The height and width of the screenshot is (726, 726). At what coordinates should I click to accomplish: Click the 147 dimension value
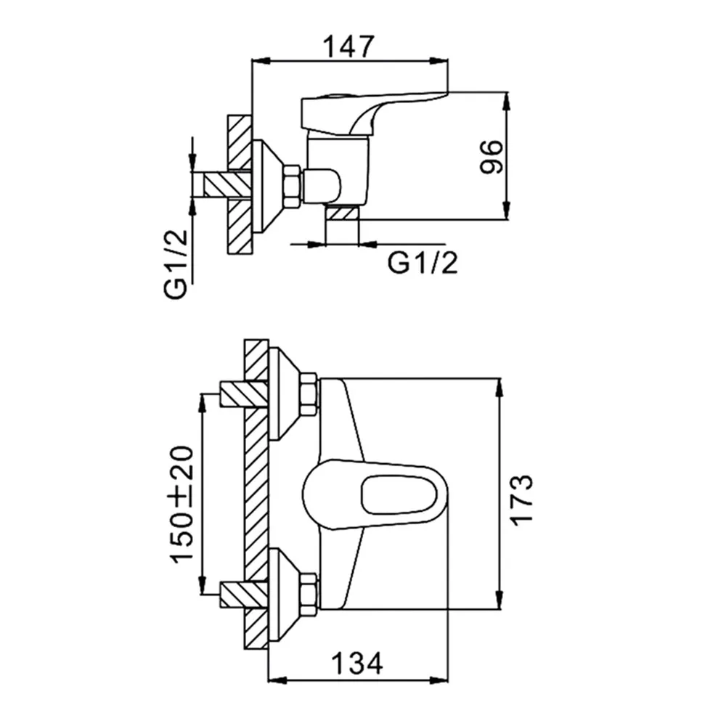coord(348,46)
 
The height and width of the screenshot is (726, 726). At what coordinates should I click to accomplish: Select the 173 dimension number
coord(521,499)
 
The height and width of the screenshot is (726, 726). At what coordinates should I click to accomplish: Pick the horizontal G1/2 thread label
coord(423,263)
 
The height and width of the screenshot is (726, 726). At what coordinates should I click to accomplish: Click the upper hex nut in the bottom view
coord(309,394)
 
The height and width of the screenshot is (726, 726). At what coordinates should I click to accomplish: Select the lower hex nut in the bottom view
coord(309,595)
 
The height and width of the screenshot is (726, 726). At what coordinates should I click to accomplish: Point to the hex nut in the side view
coord(293,184)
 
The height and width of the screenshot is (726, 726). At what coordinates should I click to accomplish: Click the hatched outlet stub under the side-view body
coord(342,213)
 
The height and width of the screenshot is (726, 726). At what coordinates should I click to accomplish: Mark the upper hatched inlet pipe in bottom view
coord(244,394)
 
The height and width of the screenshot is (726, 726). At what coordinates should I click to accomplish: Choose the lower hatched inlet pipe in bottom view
coord(244,595)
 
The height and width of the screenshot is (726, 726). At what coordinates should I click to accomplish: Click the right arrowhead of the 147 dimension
coord(439,61)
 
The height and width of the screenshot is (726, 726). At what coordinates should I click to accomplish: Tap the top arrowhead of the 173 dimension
coord(499,388)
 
